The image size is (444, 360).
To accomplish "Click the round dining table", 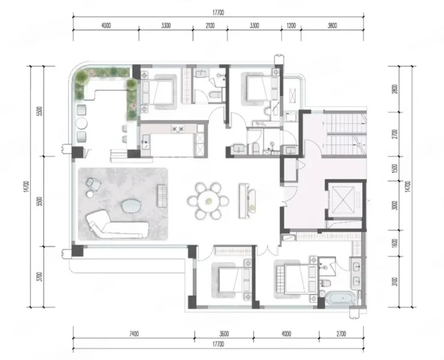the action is [209, 201].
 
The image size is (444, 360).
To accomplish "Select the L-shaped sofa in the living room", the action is [117, 224].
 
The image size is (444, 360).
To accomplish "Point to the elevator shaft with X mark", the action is [343, 200].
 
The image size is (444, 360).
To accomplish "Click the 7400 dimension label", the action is [134, 334].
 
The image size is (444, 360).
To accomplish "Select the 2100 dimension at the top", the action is [210, 26].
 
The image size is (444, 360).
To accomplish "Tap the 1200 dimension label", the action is [291, 26].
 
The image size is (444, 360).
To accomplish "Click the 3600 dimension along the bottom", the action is [224, 334].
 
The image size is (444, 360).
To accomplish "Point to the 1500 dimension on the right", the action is [395, 169].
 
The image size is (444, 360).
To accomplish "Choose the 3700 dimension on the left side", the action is [40, 277].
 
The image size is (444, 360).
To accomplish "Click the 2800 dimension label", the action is [395, 89].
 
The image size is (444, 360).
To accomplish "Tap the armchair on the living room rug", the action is [94, 184].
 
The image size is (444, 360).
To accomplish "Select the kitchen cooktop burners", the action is [178, 129].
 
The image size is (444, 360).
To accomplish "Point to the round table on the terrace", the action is [81, 124].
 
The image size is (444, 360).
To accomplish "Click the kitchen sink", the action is [146, 142].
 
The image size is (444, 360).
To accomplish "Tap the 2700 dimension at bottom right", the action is [341, 334].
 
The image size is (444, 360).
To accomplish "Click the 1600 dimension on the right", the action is [395, 244].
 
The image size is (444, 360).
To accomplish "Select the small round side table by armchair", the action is [91, 194].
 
